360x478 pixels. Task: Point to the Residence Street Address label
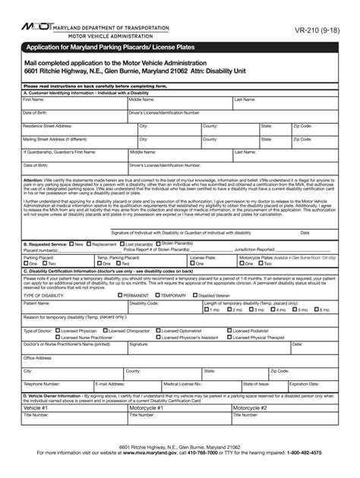48,127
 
